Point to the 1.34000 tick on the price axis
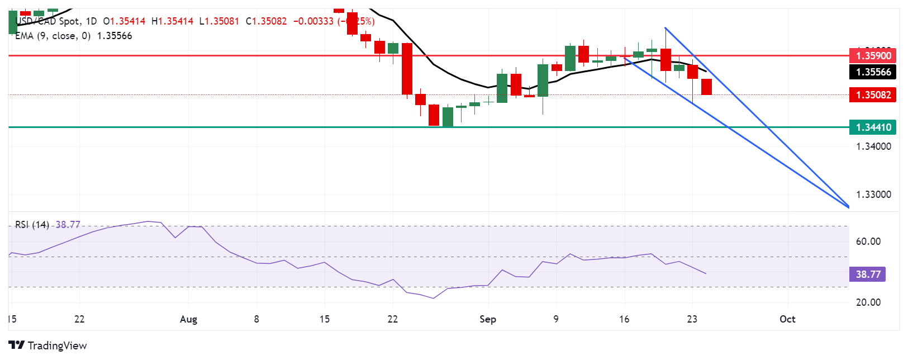[873, 146]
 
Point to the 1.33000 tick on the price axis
[873, 195]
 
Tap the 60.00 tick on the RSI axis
[868, 241]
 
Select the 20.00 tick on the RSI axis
[868, 302]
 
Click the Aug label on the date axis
[188, 319]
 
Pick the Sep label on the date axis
[488, 319]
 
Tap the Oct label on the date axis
[787, 319]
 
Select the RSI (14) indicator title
[32, 225]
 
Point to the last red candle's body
[706, 87]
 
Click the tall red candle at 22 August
[407, 69]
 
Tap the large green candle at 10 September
[570, 58]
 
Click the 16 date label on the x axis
[624, 319]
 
